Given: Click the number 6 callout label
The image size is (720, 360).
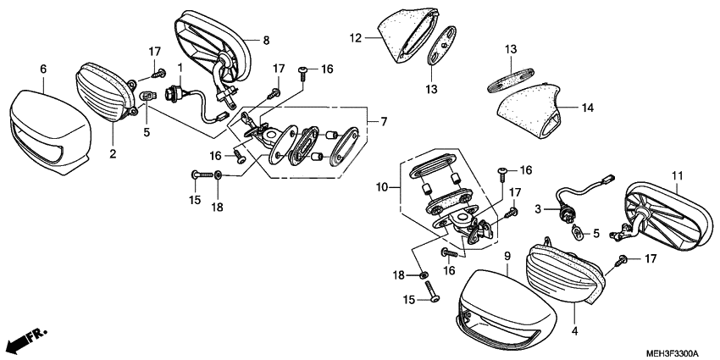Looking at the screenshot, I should click(43, 69).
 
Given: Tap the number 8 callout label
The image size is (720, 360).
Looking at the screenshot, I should click(266, 40).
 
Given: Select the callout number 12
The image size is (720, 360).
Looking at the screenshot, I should click(356, 37).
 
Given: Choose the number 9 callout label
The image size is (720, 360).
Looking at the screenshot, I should click(507, 256).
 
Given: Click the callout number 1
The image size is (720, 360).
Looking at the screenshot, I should click(180, 67).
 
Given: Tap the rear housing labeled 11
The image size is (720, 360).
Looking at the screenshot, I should click(669, 216).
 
